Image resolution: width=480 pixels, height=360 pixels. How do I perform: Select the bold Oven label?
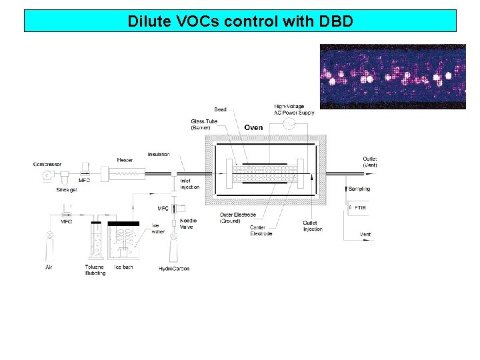point(253,127)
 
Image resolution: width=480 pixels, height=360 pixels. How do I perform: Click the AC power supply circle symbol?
point(289,125)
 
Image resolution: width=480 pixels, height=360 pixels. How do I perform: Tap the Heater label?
point(125,160)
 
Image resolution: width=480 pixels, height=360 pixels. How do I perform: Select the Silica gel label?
point(66,189)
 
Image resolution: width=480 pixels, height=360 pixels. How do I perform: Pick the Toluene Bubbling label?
point(95,270)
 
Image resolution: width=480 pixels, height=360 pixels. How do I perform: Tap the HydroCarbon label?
point(174,269)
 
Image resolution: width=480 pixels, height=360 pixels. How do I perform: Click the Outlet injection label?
point(312,226)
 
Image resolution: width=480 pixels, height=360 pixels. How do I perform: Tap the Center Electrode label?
point(261,231)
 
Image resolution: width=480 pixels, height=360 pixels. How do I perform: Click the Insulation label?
point(159,155)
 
